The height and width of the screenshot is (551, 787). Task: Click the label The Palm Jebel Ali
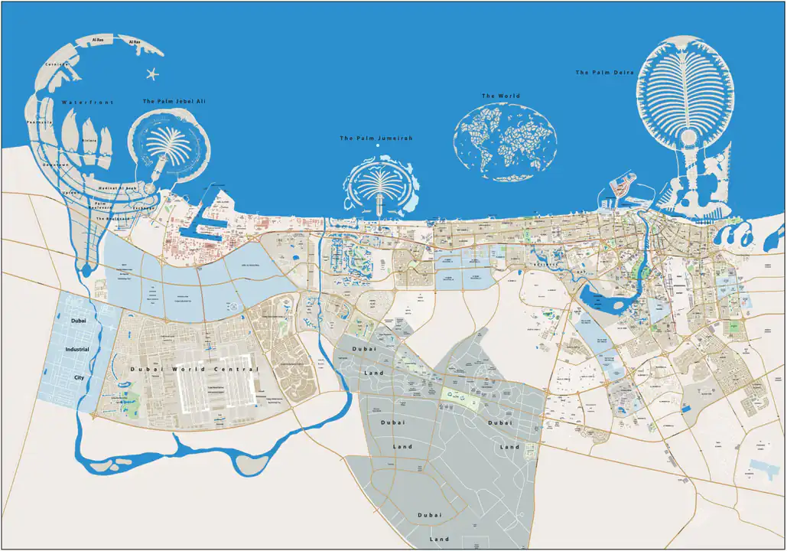click(174, 101)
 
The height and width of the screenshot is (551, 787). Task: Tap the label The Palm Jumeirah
click(376, 138)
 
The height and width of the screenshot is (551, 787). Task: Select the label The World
click(501, 96)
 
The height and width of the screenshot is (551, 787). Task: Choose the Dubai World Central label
click(195, 370)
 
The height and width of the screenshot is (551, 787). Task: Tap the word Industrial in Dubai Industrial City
click(77, 349)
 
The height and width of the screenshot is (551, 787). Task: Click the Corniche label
click(57, 65)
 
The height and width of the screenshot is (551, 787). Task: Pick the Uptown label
click(69, 192)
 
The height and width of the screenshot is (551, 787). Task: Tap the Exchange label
click(144, 207)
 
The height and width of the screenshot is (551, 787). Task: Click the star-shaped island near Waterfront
click(151, 74)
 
